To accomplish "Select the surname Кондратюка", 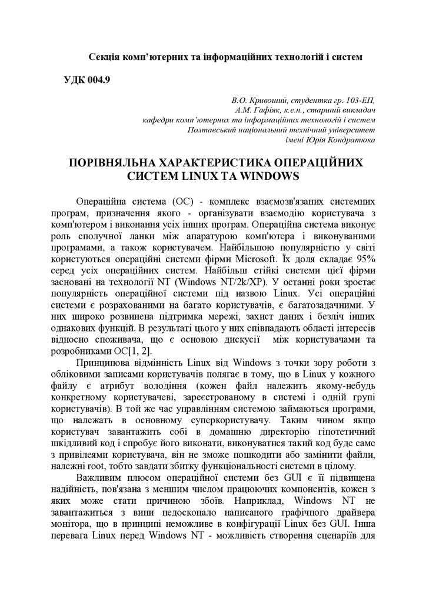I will pos(347,139).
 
